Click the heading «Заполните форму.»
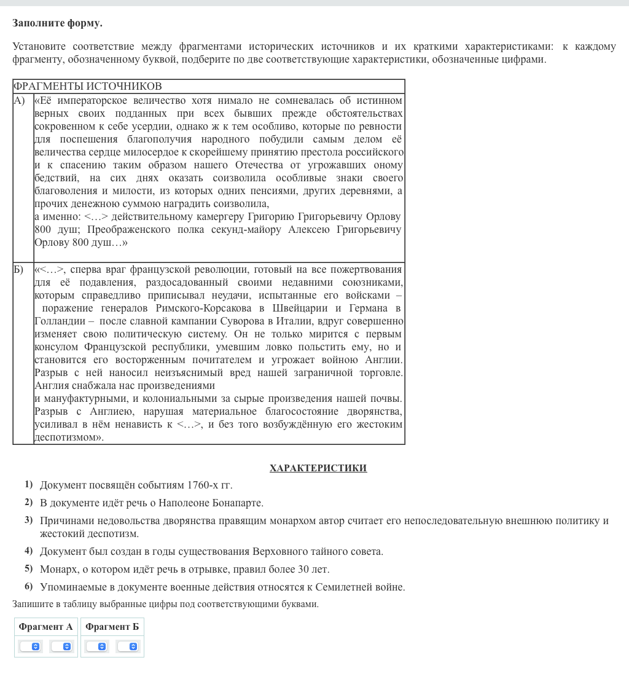click(57, 23)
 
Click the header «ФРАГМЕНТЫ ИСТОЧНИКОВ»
click(87, 86)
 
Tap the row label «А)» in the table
click(20, 101)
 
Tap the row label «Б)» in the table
click(20, 270)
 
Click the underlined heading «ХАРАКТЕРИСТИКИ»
click(318, 468)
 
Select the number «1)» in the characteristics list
click(28, 485)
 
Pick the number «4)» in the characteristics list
click(28, 551)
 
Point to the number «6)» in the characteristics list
click(28, 587)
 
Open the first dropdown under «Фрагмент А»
click(30, 646)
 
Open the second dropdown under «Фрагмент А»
click(61, 646)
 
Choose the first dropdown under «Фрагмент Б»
click(96, 646)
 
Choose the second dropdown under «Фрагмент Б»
click(128, 646)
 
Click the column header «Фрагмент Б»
click(112, 627)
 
